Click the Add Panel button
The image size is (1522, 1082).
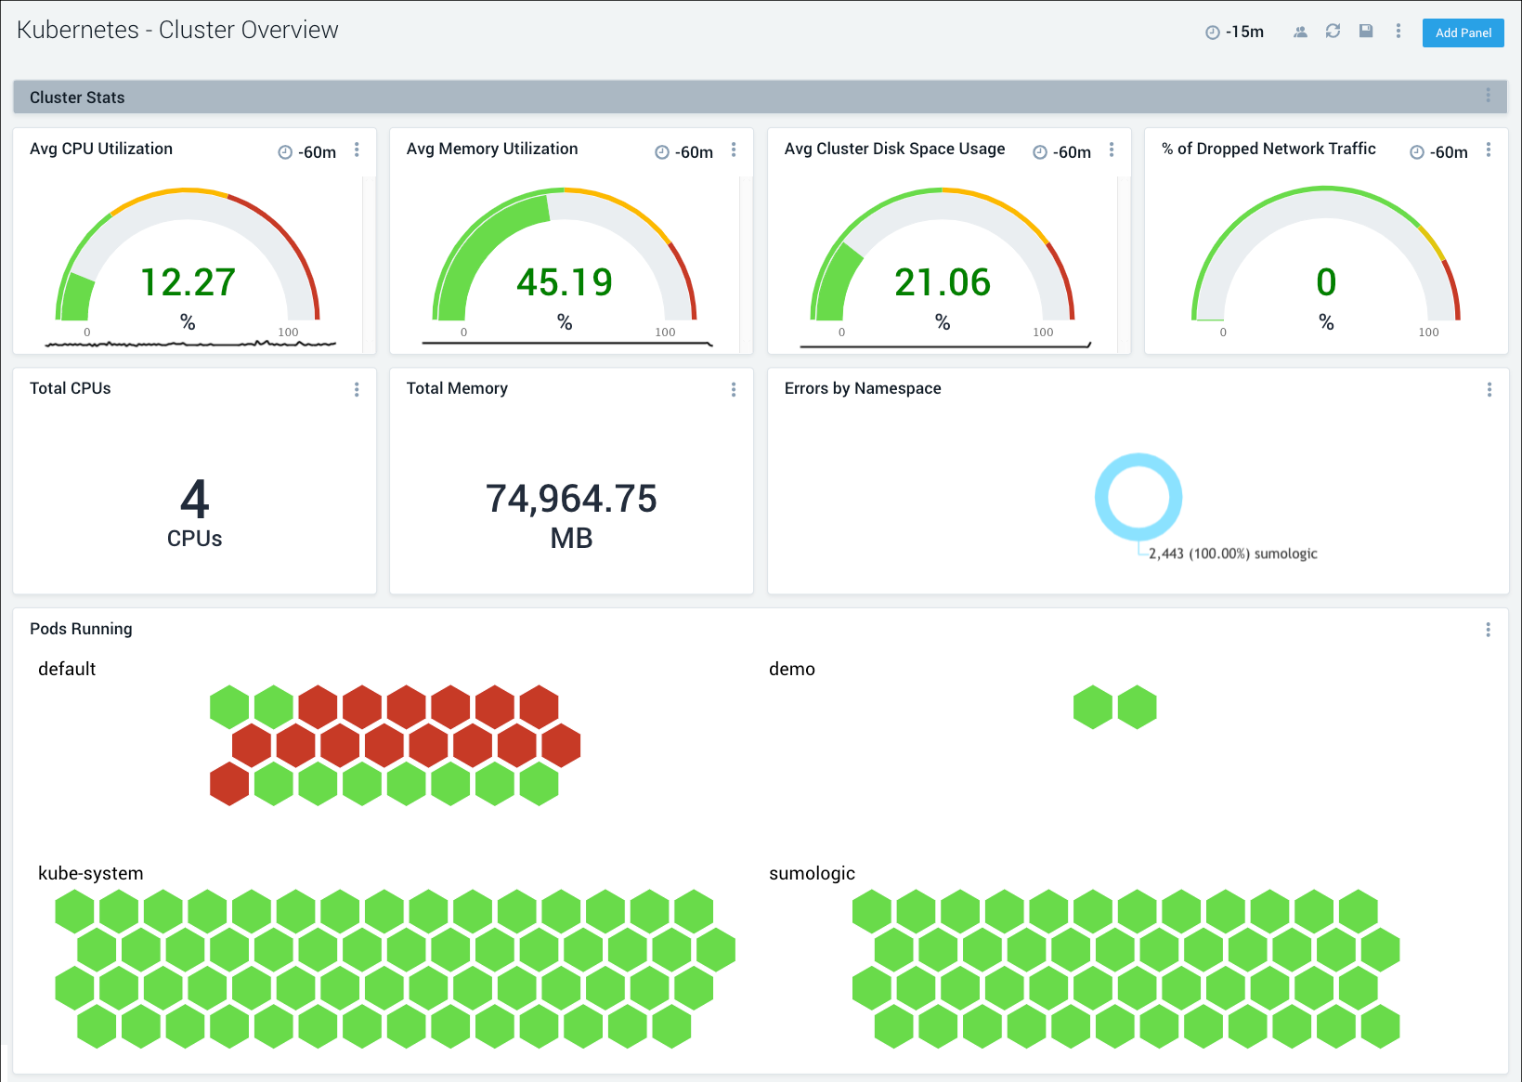(x=1463, y=33)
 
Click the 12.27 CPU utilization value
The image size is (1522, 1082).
(x=188, y=282)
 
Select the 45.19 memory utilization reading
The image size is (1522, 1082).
(x=565, y=282)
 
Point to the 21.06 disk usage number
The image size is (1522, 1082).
(x=943, y=282)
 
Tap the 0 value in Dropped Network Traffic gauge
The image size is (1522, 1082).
(x=1326, y=282)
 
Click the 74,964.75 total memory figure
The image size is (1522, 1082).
(x=571, y=499)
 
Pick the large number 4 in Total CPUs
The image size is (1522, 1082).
(x=194, y=500)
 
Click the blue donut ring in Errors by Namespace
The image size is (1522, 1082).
(x=1138, y=462)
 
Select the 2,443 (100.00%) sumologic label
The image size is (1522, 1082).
(x=1232, y=554)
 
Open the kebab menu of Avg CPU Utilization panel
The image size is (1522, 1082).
(x=357, y=150)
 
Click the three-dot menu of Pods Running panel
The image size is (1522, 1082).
(x=1488, y=630)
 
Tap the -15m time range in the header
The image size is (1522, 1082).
(x=1243, y=32)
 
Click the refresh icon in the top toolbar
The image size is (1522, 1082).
(x=1333, y=32)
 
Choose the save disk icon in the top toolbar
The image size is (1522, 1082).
(x=1366, y=32)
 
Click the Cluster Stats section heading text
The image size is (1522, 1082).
(x=77, y=98)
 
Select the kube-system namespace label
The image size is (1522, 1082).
(x=90, y=873)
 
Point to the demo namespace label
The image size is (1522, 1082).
(x=791, y=669)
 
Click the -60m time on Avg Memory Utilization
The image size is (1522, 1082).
(x=694, y=152)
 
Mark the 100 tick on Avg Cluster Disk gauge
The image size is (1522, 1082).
(x=1043, y=332)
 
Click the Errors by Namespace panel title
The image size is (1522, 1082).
(x=862, y=388)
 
